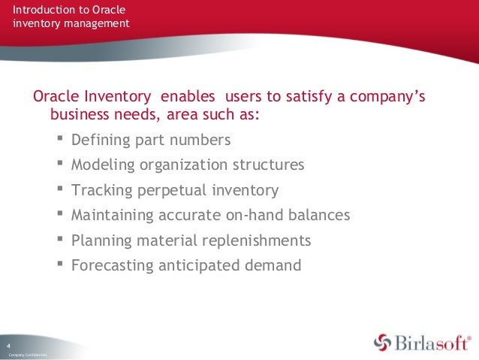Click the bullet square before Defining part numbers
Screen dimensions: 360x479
[x=60, y=139]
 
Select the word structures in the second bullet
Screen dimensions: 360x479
[x=270, y=165]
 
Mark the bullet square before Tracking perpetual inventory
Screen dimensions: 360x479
[x=60, y=189]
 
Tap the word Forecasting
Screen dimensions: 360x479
[x=110, y=265]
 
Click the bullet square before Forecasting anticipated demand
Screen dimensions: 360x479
[x=60, y=265]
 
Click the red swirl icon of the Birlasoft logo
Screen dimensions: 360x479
[x=384, y=342]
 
